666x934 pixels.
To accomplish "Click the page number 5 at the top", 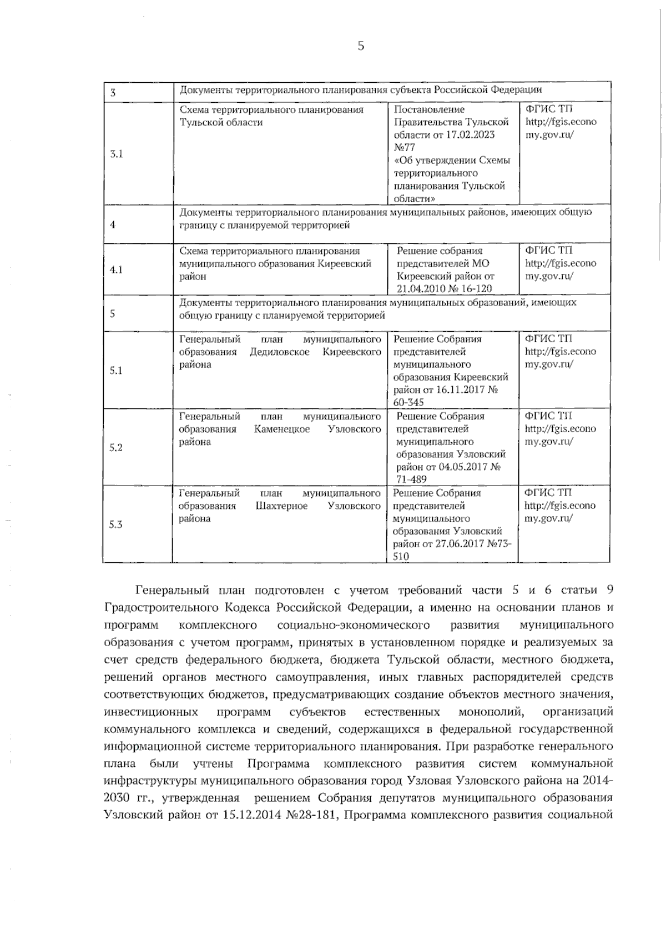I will tap(361, 46).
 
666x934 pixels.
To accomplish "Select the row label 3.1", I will tap(116, 154).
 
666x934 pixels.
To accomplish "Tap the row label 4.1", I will tap(116, 269).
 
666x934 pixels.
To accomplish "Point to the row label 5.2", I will tap(116, 448).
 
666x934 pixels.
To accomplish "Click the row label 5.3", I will tap(115, 524).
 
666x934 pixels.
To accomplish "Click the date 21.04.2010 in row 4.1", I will tap(421, 288).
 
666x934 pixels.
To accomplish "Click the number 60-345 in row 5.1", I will tap(408, 402).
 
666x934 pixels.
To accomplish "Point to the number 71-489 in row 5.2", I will tap(411, 479).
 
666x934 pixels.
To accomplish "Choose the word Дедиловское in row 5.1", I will tap(280, 352).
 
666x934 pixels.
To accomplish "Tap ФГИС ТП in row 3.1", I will tap(548, 109).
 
